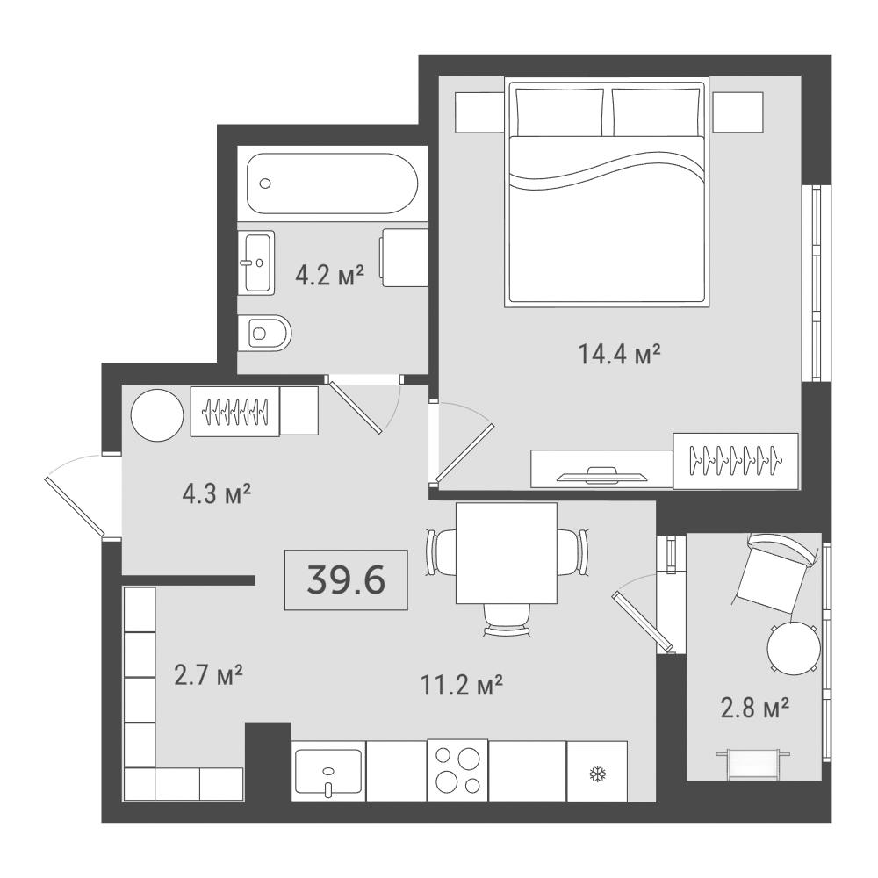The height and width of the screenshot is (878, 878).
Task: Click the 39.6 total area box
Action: coord(346,579)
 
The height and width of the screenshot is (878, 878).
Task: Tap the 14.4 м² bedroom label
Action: coord(619,354)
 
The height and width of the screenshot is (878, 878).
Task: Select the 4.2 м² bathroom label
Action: coord(330,275)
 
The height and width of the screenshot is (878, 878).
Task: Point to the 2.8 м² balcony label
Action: coord(755,708)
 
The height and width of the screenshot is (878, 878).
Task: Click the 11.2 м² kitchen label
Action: coord(462,684)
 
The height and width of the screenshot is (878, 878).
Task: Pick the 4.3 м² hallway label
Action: coord(216,493)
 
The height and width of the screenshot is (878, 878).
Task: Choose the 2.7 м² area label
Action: coord(208,674)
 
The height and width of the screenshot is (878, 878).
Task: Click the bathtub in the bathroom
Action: coord(333,184)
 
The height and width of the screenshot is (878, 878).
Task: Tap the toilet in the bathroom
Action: coord(264,333)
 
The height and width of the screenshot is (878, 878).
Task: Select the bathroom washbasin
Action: coord(256,263)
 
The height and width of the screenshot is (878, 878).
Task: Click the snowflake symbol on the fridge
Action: coord(597,775)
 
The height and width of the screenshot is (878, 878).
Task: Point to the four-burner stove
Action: coord(457,771)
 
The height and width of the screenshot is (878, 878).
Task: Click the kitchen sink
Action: coord(328,772)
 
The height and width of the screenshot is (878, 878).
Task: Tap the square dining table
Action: coord(507,553)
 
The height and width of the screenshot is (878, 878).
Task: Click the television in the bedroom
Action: coord(603,475)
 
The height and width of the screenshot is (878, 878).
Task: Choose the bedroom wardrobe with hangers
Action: coord(736,460)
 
